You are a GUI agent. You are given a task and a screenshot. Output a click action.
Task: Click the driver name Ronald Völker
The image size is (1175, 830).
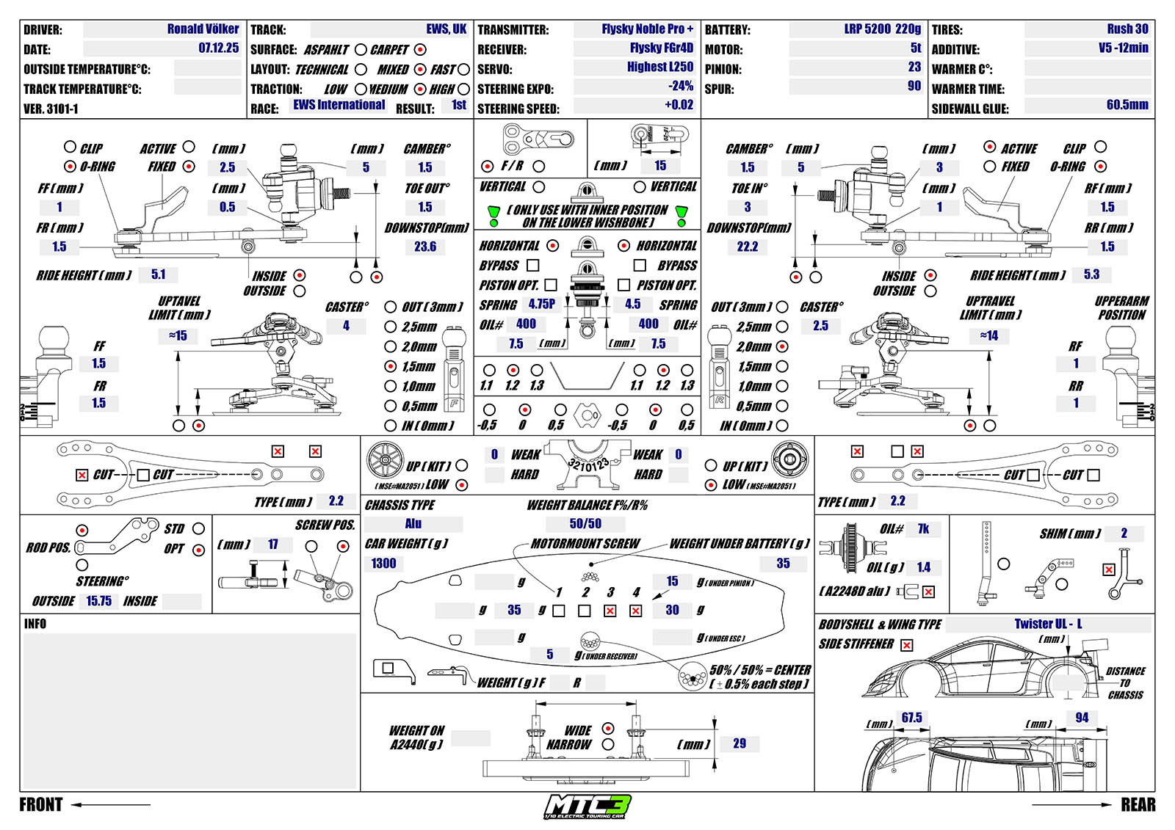(203, 29)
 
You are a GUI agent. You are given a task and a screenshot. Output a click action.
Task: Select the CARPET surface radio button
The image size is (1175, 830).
(420, 50)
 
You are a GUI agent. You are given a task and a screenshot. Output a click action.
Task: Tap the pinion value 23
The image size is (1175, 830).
(914, 67)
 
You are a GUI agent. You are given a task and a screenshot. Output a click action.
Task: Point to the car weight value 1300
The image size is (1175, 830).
(383, 564)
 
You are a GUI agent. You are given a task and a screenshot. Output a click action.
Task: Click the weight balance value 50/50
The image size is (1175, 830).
(585, 524)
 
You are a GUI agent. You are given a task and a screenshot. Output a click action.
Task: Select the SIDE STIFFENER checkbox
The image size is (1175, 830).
(907, 645)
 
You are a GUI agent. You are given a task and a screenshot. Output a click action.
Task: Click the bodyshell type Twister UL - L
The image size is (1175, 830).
(1048, 625)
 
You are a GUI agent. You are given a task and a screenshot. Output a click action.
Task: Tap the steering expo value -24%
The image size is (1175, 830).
(680, 86)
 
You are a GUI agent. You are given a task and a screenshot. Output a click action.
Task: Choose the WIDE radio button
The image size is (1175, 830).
(608, 729)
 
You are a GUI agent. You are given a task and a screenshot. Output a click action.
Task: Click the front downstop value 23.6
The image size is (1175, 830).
(425, 247)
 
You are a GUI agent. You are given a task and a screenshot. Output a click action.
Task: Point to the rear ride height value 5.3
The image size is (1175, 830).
(1091, 275)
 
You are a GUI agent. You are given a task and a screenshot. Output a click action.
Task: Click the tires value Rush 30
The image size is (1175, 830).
(1127, 29)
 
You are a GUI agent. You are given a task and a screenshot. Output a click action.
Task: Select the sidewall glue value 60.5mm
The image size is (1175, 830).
(1127, 105)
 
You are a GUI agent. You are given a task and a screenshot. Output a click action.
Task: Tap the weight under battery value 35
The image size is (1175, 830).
(783, 564)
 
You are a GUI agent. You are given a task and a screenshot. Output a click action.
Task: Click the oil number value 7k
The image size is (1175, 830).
(923, 529)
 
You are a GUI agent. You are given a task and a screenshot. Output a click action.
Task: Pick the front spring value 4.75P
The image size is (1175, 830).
(542, 304)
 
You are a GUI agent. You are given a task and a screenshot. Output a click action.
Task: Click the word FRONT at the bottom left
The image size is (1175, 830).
(41, 805)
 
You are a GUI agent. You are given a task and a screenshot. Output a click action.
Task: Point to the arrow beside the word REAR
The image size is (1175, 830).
(1072, 805)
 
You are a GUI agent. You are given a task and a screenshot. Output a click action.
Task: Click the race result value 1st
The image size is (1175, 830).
(459, 105)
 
